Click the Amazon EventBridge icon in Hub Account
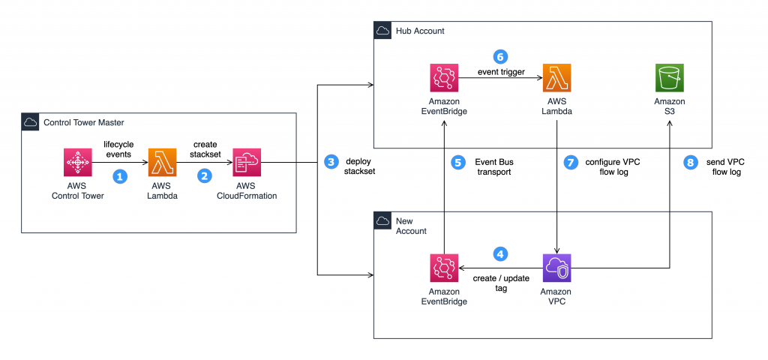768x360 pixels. tap(444, 78)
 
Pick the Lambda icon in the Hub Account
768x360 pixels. tap(556, 78)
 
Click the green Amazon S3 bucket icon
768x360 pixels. tap(670, 78)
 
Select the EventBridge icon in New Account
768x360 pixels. tap(444, 268)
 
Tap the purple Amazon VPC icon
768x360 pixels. tap(556, 268)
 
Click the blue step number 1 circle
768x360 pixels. tap(119, 177)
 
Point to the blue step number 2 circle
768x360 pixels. tap(203, 177)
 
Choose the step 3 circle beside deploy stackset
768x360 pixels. tap(330, 161)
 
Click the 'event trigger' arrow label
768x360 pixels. tap(502, 72)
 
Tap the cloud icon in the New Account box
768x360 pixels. tap(383, 221)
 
